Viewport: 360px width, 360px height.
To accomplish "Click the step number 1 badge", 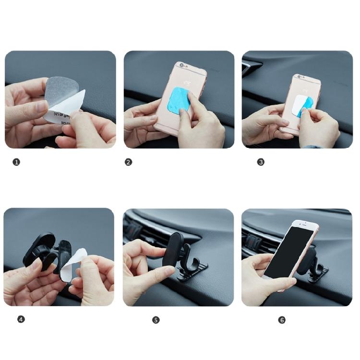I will coord(16,162).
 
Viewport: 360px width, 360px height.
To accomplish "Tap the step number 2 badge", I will coord(128,162).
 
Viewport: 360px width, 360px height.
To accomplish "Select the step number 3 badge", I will coord(261,162).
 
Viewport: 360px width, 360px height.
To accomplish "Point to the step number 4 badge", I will coord(21,319).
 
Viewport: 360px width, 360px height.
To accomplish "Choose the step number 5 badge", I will coord(156,320).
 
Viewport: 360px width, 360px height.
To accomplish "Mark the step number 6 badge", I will coord(282,320).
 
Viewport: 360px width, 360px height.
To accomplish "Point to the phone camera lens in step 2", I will coord(181,64).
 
